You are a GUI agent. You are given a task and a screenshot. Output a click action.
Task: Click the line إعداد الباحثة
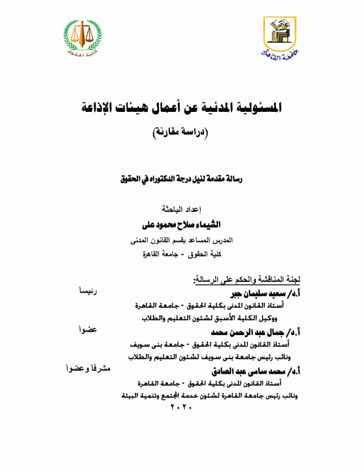coord(181,211)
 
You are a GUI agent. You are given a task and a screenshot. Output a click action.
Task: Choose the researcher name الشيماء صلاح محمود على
coord(181,225)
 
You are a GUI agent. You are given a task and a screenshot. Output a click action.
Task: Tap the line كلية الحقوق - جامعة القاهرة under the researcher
coord(181,253)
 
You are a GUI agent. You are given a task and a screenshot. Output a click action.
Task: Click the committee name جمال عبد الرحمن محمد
coord(247,332)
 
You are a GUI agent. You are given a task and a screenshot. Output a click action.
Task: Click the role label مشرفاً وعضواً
coord(88,368)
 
